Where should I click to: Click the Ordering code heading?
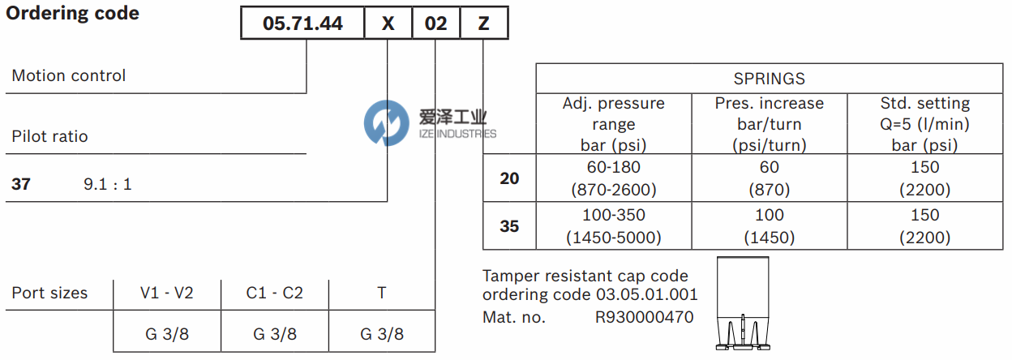[73, 14]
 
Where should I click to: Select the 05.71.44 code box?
[302, 24]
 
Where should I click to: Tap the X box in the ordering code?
[388, 24]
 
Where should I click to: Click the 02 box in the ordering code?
[435, 24]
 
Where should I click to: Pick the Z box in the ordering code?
[484, 24]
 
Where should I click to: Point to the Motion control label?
[69, 75]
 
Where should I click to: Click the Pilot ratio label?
[49, 136]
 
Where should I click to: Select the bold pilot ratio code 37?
[21, 184]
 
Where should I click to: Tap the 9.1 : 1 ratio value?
[108, 184]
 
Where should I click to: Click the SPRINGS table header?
[769, 79]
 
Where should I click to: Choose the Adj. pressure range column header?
[613, 124]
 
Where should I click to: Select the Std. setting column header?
[924, 124]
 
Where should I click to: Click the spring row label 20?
[509, 178]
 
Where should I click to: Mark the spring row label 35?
[509, 226]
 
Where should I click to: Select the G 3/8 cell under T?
[381, 333]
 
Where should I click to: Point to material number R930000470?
[645, 317]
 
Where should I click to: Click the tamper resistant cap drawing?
[742, 304]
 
